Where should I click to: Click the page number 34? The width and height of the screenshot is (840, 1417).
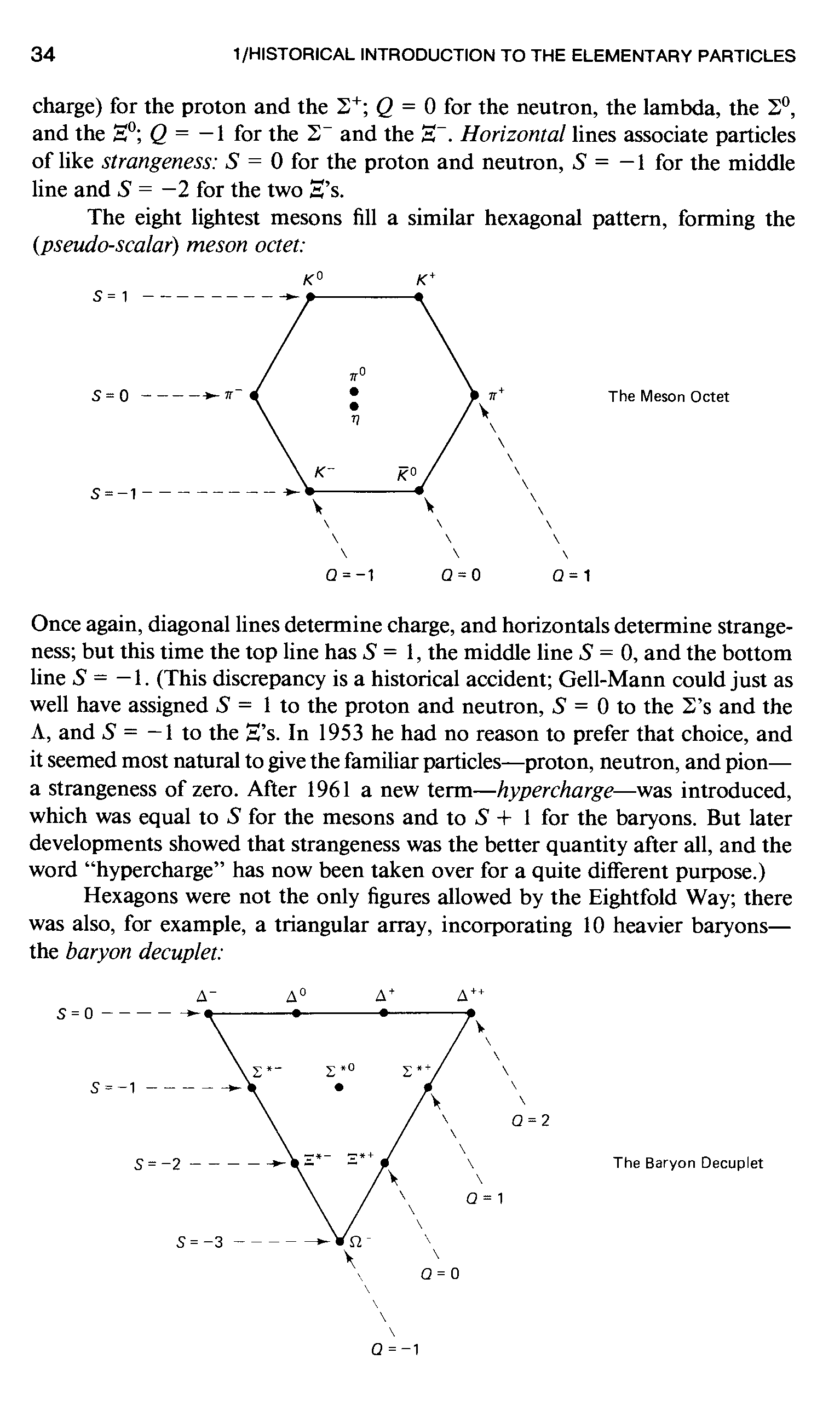coord(43,55)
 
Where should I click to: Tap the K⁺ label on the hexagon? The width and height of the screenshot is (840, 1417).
coord(425,279)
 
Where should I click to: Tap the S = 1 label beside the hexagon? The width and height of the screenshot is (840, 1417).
coord(110,297)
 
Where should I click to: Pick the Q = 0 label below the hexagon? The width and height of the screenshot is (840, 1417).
coord(461,575)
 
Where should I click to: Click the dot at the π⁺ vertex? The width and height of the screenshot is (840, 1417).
coord(474,394)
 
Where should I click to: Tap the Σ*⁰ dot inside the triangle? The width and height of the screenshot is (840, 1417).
coord(338,1087)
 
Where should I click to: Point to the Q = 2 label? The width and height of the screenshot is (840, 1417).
coord(530,1120)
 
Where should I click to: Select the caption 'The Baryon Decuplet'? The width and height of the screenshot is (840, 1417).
coord(688,1163)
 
